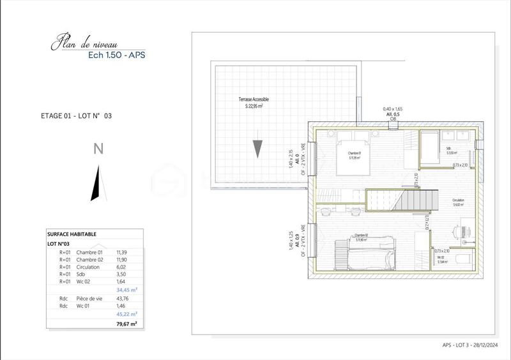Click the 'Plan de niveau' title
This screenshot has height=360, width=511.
(83, 43)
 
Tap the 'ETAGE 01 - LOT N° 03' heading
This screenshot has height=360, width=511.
(76, 116)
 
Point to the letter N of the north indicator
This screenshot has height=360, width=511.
(98, 149)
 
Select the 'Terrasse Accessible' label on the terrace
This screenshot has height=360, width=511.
(252, 100)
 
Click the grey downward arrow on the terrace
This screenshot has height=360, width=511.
(257, 148)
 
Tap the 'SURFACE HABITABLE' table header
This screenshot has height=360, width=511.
(72, 234)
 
